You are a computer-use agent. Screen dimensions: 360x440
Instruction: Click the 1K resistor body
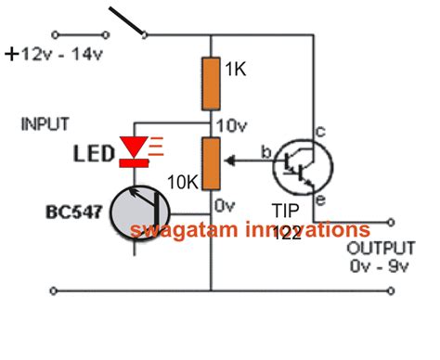point(212,82)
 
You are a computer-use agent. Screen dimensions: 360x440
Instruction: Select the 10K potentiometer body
point(212,161)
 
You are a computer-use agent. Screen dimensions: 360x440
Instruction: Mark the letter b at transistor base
point(264,151)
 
